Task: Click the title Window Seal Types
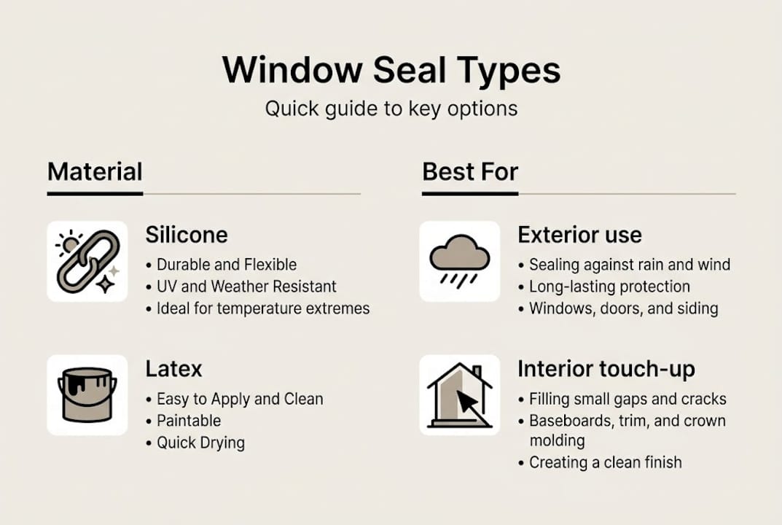point(391,71)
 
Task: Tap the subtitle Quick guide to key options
point(391,109)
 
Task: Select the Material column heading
point(95,172)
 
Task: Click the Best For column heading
point(470,172)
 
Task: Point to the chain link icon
point(87,261)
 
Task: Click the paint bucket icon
point(87,395)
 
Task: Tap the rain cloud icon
point(459,261)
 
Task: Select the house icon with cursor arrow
point(459,395)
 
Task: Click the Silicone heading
point(187,235)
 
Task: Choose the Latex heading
point(173,369)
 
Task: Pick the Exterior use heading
point(579,235)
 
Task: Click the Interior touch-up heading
point(606,369)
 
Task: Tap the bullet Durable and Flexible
point(227,265)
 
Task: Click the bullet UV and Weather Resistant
point(246,287)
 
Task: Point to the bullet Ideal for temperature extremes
point(263,308)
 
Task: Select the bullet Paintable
point(189,421)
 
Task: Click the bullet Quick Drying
point(200,443)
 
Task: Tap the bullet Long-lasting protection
point(609,287)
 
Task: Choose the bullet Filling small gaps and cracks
point(627,399)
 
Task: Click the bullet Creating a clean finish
point(605,462)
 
